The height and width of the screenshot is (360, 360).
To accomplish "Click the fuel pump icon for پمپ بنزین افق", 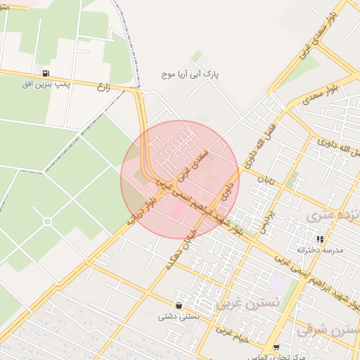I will click(46, 73).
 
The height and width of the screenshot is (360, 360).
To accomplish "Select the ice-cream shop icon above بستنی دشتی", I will click(179, 306).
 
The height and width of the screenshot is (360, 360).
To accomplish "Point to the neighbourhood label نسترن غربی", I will click(240, 303).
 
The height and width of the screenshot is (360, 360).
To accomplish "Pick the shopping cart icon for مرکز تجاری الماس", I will click(276, 347).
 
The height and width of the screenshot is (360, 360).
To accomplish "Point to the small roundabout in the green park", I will click(47, 221).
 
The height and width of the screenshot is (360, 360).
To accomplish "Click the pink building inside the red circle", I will click(178, 210).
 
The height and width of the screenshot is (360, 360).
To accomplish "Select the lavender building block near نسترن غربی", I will click(279, 283).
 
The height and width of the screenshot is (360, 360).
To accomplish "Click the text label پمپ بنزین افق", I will click(44, 84).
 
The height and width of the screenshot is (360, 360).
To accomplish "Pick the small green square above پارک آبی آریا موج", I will click(197, 56).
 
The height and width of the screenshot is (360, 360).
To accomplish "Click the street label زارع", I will click(105, 89).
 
